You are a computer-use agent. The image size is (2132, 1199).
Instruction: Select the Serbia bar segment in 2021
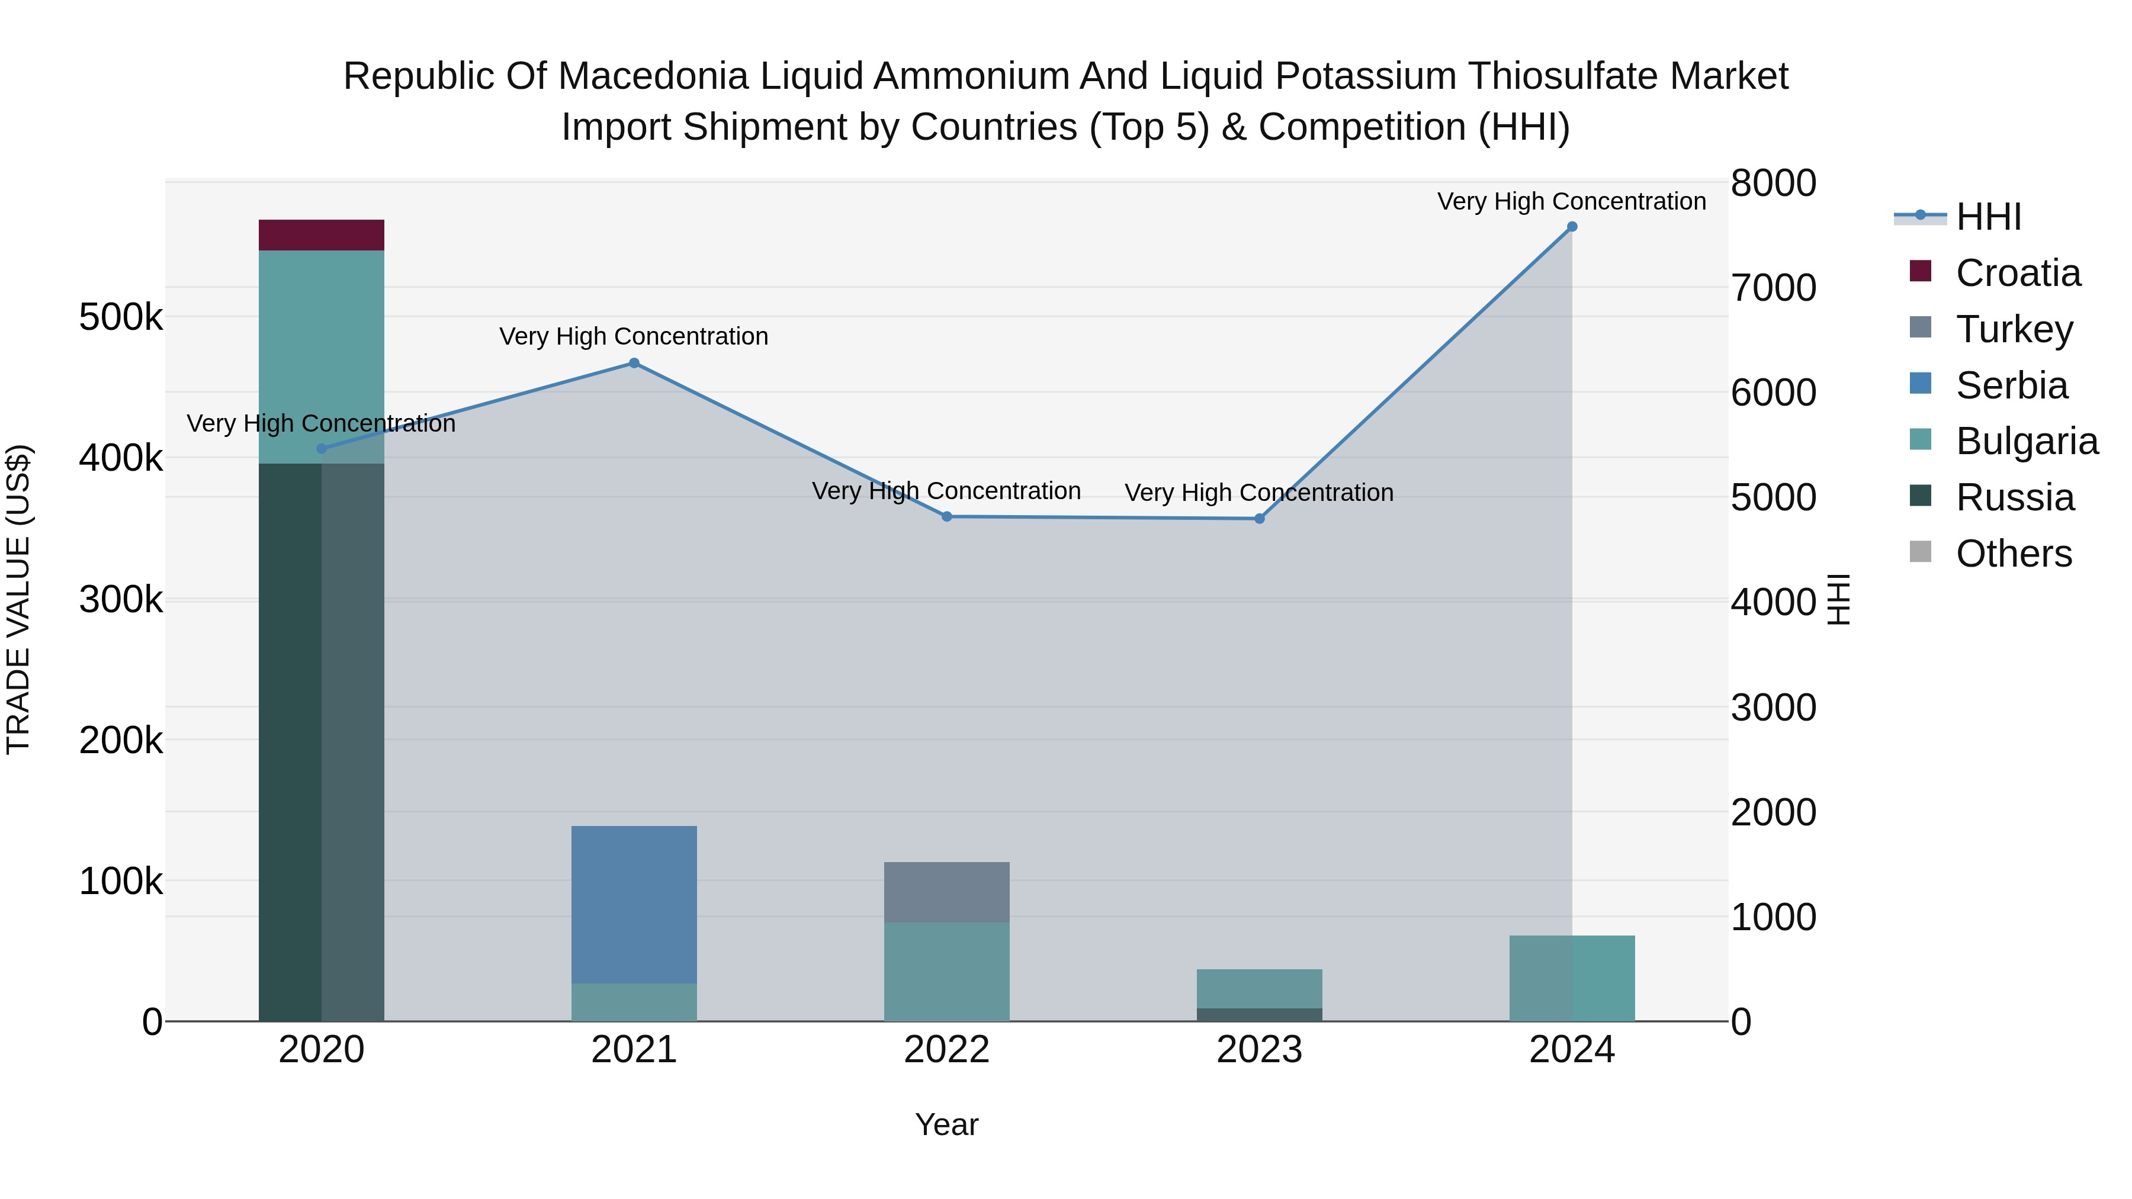click(634, 904)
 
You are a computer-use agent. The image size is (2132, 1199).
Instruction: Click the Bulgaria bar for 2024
click(1572, 978)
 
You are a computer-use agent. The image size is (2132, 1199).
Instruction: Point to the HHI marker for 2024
click(1572, 227)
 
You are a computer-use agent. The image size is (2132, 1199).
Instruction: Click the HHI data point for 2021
click(634, 364)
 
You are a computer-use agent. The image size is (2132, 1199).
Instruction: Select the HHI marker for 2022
click(947, 516)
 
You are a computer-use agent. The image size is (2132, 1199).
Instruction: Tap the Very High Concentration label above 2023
click(1259, 493)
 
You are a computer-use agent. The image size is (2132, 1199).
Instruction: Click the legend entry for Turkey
click(2015, 329)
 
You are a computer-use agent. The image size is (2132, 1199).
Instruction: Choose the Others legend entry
click(2014, 554)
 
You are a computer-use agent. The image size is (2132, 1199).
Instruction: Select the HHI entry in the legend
click(1988, 217)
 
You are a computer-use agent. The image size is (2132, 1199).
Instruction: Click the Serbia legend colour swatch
click(1920, 384)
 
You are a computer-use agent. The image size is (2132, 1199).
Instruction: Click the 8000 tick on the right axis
click(1773, 184)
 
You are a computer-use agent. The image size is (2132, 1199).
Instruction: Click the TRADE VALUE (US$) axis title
click(18, 599)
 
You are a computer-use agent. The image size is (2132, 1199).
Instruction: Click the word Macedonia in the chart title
click(653, 76)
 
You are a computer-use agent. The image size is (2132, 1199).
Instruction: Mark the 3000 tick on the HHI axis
click(1773, 708)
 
